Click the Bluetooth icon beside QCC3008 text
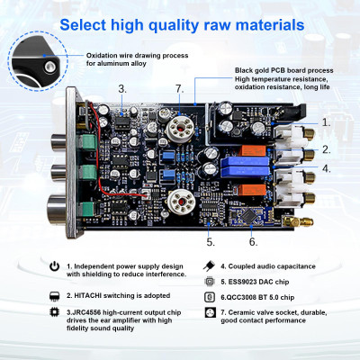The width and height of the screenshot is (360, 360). (209, 294)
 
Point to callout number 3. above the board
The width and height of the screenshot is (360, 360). (122, 88)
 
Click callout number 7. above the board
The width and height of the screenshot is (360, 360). (179, 88)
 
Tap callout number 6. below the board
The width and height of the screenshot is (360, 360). (253, 241)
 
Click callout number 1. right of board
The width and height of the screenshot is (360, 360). (326, 121)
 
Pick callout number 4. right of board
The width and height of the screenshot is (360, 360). (326, 168)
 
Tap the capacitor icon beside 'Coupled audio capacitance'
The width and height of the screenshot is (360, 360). (209, 266)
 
